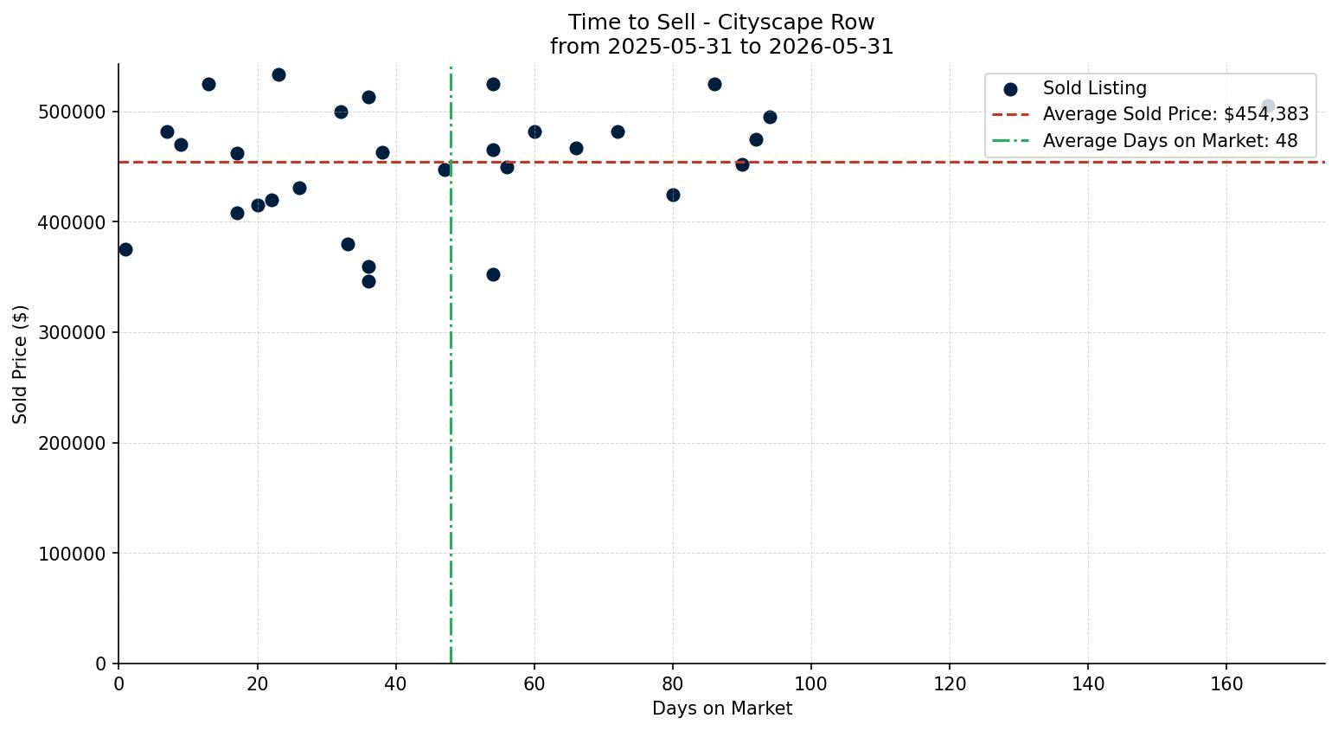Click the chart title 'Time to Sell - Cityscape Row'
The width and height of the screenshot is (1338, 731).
721,22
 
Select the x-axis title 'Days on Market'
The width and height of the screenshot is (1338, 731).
721,709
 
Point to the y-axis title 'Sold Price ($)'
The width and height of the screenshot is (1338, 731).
20,364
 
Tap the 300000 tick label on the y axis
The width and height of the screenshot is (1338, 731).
72,333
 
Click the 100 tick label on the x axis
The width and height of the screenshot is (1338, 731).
811,683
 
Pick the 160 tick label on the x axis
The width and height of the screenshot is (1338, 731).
1226,683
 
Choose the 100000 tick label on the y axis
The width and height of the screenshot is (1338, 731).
72,554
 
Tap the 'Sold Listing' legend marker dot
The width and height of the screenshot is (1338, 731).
1010,90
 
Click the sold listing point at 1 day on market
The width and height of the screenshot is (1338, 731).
125,250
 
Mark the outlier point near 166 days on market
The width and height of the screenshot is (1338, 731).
1268,106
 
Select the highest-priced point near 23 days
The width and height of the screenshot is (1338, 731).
278,74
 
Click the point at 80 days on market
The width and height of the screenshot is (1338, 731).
673,196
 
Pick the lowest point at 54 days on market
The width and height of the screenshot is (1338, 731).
493,275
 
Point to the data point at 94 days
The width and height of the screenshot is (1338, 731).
770,117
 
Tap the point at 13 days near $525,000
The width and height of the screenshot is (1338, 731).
208,84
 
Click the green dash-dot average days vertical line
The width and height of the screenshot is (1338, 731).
451,364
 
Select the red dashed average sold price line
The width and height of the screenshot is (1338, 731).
721,162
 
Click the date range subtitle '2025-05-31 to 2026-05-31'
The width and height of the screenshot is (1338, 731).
751,47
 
